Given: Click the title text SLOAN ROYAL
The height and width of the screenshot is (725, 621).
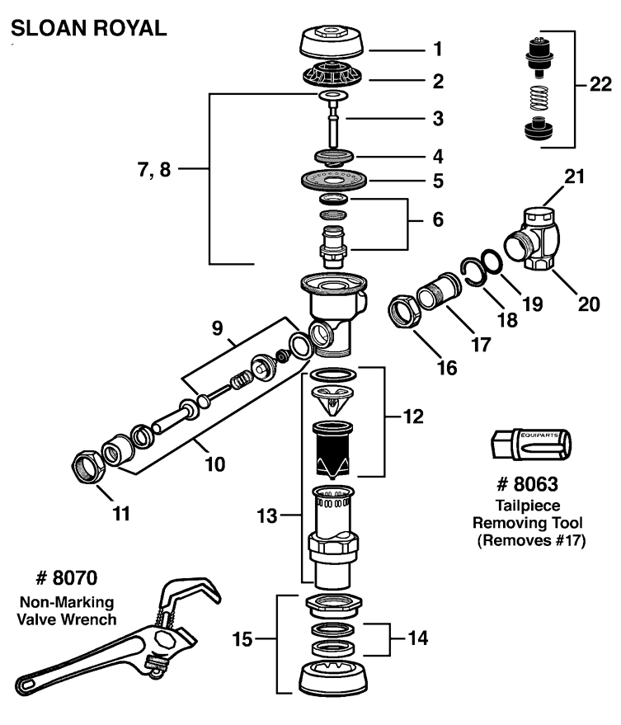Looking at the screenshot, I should click(x=87, y=28).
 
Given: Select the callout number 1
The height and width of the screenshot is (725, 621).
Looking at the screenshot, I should click(x=437, y=49).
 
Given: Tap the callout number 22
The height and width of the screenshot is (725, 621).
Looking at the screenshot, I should click(x=600, y=83).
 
